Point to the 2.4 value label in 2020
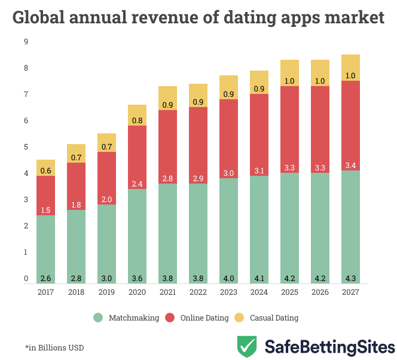click(137, 184)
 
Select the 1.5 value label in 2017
click(45, 210)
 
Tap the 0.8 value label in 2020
click(137, 121)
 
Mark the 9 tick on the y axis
click(26, 42)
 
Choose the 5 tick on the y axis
click(26, 147)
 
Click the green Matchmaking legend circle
click(98, 318)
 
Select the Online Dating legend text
click(204, 318)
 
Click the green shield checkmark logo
click(247, 346)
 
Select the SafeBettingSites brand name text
click(329, 347)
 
